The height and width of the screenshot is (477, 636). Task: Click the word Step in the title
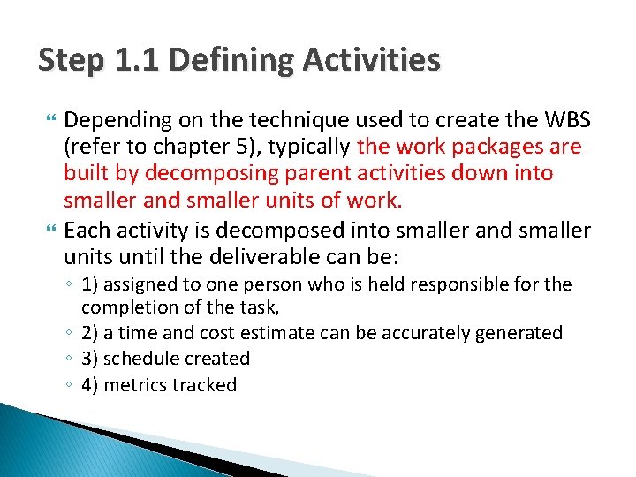coord(71,61)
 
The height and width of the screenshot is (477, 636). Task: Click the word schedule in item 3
coord(148,359)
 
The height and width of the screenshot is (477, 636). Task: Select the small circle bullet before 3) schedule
coord(69,360)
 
